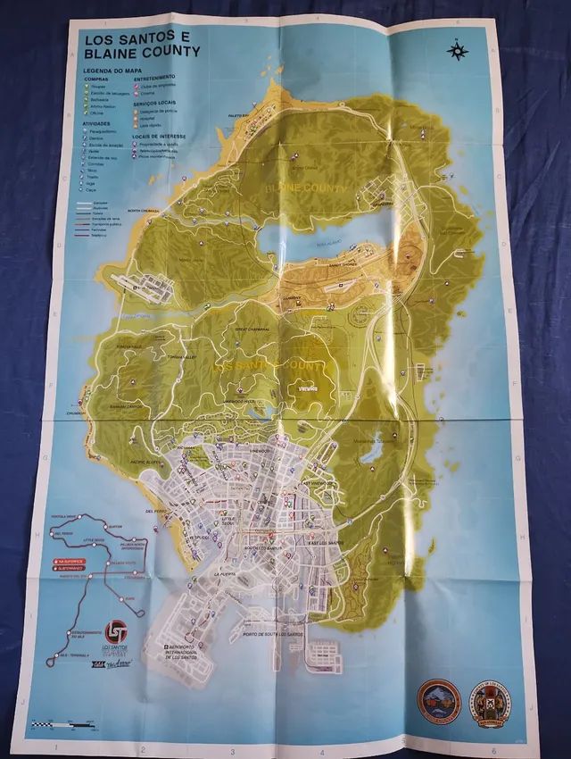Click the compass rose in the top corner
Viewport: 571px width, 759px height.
click(458, 50)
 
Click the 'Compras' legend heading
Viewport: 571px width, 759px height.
click(95, 79)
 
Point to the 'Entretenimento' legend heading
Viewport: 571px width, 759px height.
click(154, 79)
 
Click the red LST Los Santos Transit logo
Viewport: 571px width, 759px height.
click(117, 627)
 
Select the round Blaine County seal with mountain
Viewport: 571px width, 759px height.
click(439, 700)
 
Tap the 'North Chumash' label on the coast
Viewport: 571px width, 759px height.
click(147, 213)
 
